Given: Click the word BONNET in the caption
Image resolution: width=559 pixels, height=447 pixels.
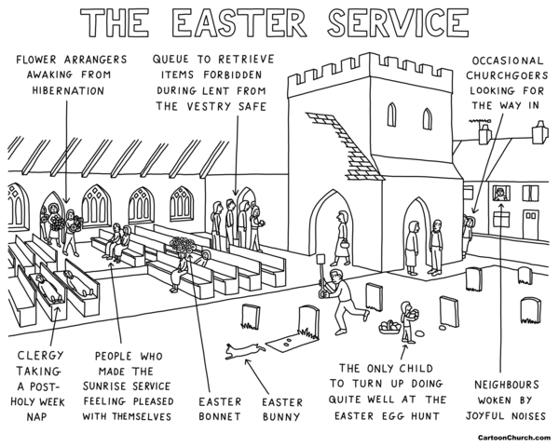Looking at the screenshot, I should coord(221,415).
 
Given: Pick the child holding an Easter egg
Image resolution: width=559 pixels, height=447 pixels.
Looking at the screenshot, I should coord(406,318).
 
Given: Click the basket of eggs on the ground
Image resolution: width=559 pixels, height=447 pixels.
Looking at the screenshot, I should coord(389,327).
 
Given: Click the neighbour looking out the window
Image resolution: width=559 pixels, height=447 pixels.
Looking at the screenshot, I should coord(499,195).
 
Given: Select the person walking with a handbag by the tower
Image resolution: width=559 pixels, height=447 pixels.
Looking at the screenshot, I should coord(342,235).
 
